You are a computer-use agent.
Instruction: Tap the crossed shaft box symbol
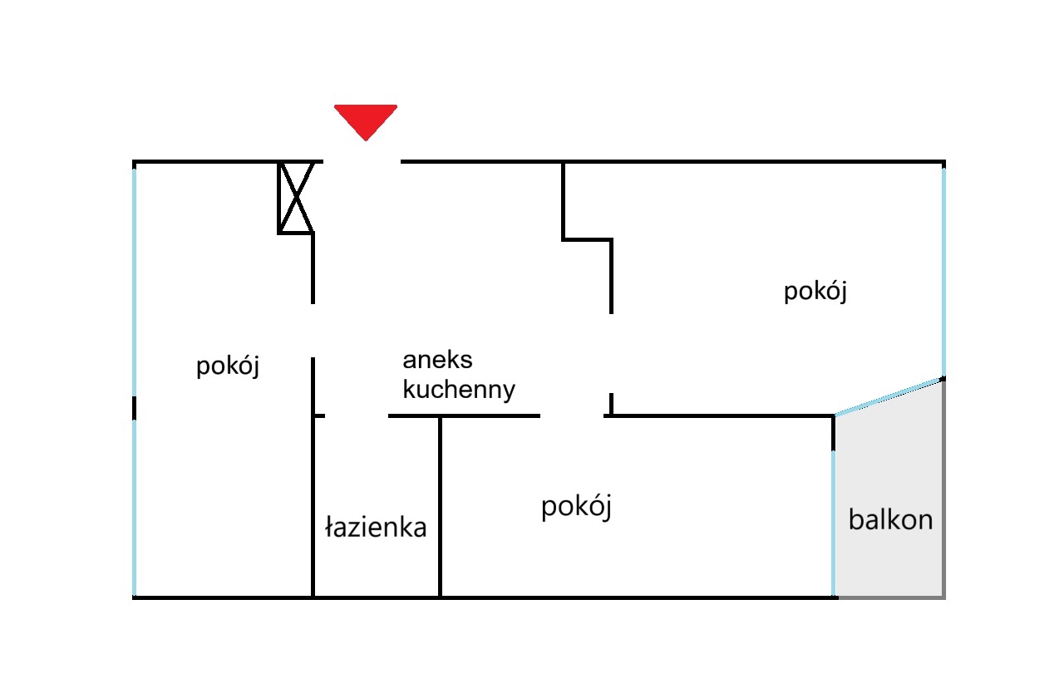click(x=295, y=197)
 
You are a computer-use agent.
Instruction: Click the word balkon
click(x=890, y=520)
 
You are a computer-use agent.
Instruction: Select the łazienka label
click(x=376, y=527)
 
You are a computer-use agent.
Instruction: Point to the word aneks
click(x=437, y=360)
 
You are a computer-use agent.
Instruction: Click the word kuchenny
click(x=459, y=390)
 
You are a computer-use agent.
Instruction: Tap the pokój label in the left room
click(x=228, y=366)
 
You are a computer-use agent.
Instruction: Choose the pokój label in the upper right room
click(x=815, y=292)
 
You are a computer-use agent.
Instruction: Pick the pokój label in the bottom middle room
click(x=576, y=506)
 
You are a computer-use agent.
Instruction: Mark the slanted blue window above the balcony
click(x=889, y=396)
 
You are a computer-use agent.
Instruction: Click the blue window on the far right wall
click(x=943, y=270)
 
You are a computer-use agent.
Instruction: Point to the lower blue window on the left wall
click(x=134, y=507)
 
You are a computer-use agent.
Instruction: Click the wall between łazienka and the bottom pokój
click(x=440, y=507)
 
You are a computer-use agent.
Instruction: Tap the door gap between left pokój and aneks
click(x=313, y=330)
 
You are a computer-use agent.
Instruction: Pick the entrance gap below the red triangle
click(x=361, y=161)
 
